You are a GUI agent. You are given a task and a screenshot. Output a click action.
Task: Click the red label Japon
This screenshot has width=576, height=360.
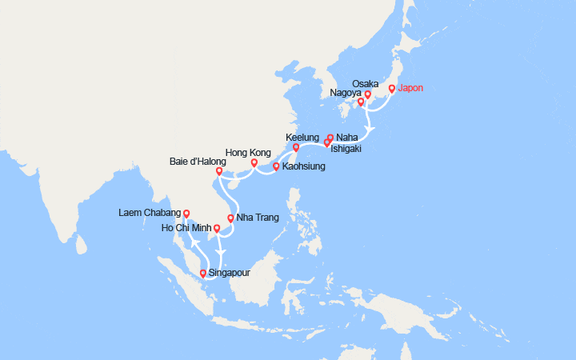[x=414, y=89]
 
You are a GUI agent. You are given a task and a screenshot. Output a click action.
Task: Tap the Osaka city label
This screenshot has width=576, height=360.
[x=365, y=83]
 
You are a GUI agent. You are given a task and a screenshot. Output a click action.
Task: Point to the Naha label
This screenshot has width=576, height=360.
[x=346, y=137]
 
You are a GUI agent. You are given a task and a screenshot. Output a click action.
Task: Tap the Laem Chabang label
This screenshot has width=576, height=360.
[x=150, y=213]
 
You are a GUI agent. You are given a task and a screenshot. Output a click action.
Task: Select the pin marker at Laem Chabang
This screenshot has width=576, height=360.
[x=186, y=213]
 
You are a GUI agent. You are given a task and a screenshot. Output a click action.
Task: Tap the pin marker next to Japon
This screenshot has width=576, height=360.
[x=392, y=89]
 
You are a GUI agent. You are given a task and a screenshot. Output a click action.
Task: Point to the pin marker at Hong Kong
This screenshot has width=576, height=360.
[x=254, y=163]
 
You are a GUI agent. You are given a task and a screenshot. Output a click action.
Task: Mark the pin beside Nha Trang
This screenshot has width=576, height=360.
[x=230, y=218]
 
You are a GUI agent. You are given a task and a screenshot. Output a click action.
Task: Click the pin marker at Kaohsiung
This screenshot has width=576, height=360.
[x=276, y=166]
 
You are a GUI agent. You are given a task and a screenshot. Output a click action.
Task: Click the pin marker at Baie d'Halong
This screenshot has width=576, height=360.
[x=219, y=170]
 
